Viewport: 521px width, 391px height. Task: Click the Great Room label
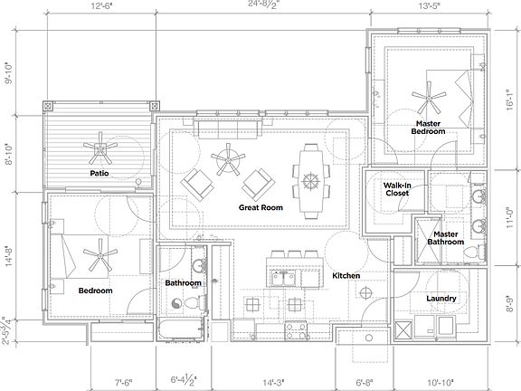tap(260, 207)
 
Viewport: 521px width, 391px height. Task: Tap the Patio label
tap(99, 172)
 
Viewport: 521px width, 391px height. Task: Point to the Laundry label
tap(440, 299)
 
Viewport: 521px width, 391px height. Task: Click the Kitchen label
tap(346, 275)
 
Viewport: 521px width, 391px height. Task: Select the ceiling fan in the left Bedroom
tap(96, 256)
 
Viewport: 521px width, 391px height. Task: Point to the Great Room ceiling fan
tap(224, 163)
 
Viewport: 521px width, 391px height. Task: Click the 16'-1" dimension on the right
tap(512, 96)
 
